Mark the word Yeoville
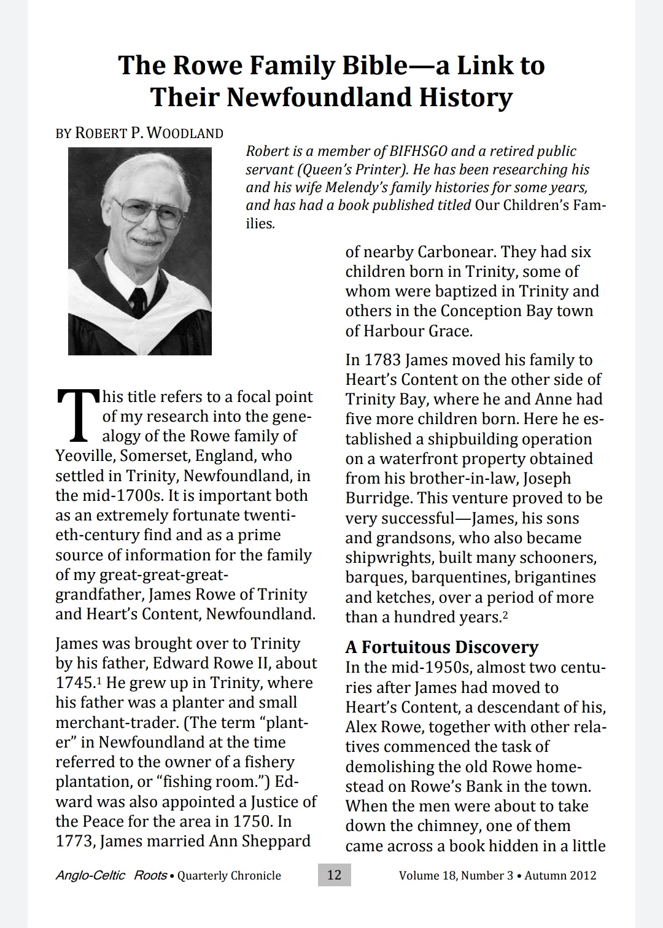(85, 456)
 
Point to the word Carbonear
(456, 252)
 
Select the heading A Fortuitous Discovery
(441, 647)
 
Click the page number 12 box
(334, 875)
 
